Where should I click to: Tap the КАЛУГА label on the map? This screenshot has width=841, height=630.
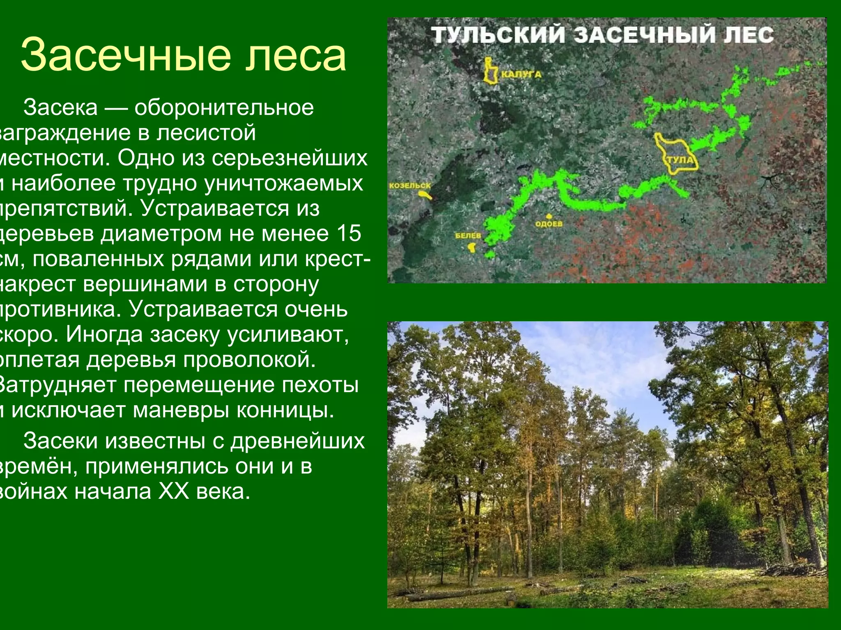click(x=521, y=75)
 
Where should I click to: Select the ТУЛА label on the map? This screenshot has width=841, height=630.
click(x=680, y=160)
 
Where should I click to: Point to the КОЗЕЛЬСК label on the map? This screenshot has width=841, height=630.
click(x=410, y=186)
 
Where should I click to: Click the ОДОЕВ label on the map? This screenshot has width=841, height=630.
click(x=549, y=224)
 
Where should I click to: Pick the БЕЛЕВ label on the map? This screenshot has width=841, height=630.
click(x=468, y=236)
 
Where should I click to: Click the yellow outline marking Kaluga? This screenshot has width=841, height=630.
click(x=490, y=72)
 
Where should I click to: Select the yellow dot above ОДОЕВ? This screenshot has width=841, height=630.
click(x=549, y=216)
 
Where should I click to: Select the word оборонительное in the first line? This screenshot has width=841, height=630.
click(x=224, y=108)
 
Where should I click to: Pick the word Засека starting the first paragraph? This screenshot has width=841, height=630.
click(x=60, y=108)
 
